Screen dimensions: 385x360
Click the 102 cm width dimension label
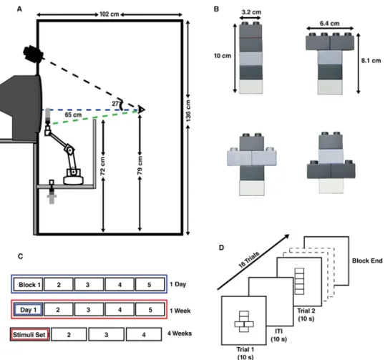(x=109, y=14)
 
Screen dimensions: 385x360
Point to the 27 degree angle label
(x=115, y=104)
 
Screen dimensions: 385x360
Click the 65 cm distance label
(x=73, y=115)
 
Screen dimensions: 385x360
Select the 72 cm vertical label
(x=102, y=166)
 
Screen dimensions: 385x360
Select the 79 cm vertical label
(x=140, y=165)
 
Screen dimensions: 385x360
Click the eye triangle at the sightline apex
(x=142, y=110)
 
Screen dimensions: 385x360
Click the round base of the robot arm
(x=74, y=180)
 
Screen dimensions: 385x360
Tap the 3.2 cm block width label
(x=251, y=12)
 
